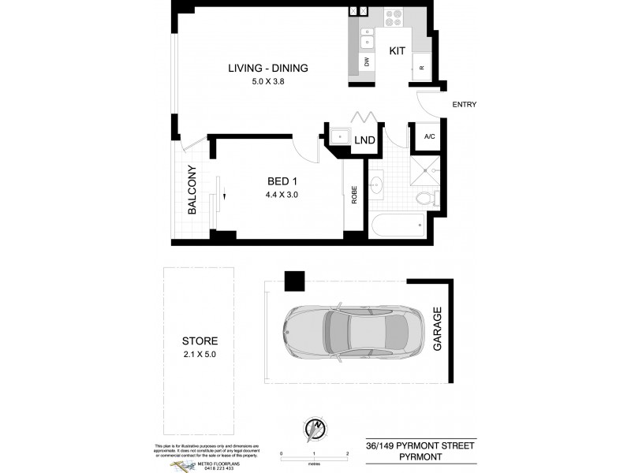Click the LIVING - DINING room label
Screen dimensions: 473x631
coord(267,68)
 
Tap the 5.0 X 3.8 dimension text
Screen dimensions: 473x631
coord(267,82)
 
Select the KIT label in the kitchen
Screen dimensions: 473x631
coord(397,50)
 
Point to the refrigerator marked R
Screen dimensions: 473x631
coord(421,68)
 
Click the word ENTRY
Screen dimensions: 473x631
coord(464,105)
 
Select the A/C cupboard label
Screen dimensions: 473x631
coord(429,136)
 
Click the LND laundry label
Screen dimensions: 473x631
coord(364,140)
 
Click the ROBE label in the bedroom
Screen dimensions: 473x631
coord(354,195)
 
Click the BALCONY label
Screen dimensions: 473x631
coord(192,189)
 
